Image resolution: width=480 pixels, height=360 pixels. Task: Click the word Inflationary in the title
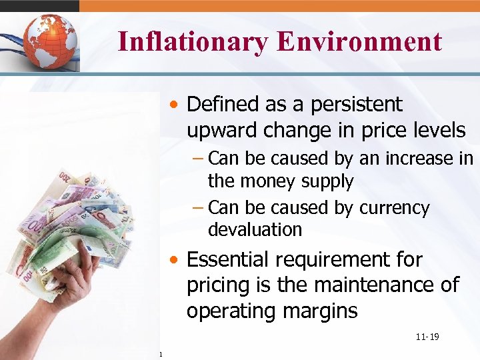coord(191,41)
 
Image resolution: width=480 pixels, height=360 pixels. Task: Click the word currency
coord(394,208)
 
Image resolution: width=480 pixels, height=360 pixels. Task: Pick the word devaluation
coord(255,230)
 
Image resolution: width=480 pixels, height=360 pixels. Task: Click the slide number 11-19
coord(427,337)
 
